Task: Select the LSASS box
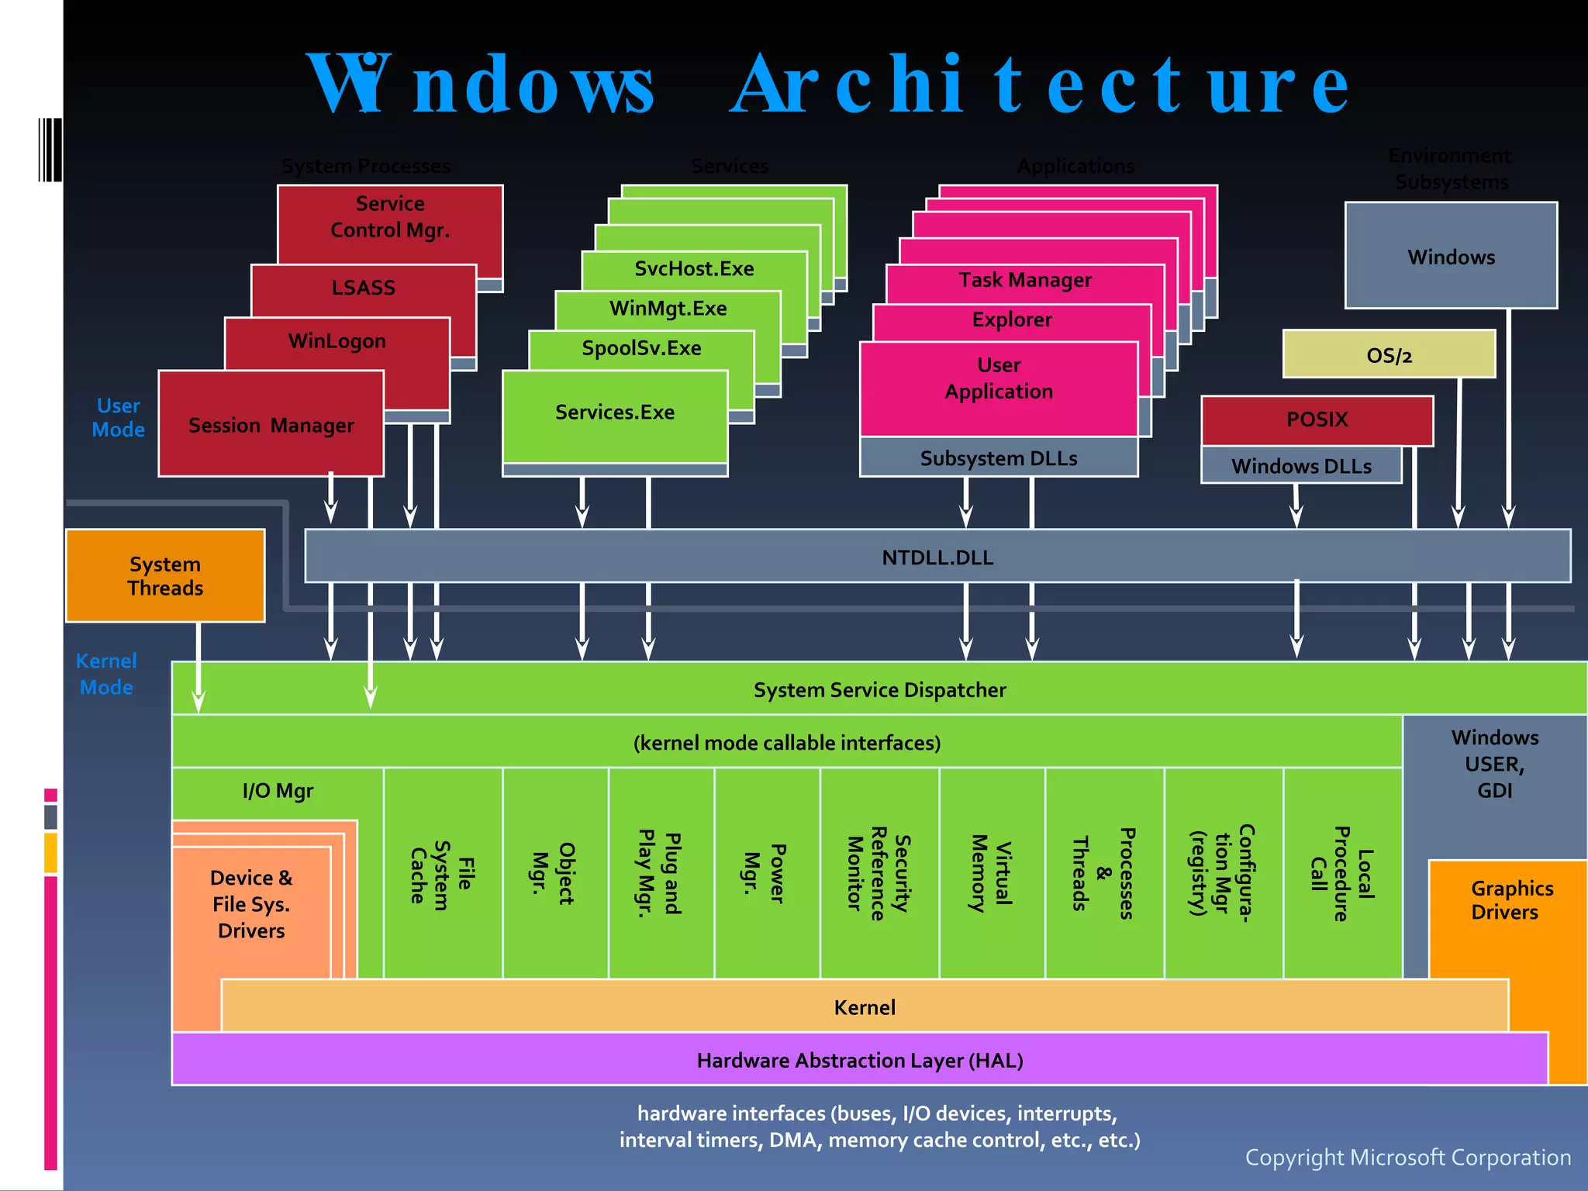click(363, 288)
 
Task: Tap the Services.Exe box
click(614, 413)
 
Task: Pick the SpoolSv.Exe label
click(641, 348)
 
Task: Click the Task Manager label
click(1024, 280)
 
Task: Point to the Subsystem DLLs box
click(998, 458)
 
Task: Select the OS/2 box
click(1388, 355)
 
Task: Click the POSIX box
click(1317, 419)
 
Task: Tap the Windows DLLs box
click(1301, 466)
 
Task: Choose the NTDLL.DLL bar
click(937, 557)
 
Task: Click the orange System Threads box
click(165, 575)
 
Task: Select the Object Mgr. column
click(555, 873)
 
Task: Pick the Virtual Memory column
click(992, 873)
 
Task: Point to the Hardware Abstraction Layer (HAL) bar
click(859, 1060)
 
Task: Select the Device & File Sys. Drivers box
click(251, 904)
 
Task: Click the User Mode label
click(118, 417)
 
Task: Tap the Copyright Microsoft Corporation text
click(1407, 1157)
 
